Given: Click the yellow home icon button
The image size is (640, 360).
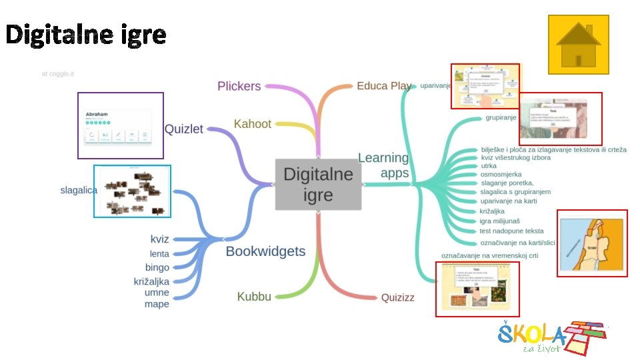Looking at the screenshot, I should [578, 45].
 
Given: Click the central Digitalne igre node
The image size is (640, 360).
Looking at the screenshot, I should [318, 184].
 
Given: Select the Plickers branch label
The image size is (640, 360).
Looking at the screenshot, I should [239, 86].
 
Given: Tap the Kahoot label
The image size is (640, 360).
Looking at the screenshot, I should [253, 124].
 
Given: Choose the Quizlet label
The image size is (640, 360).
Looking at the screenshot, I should [183, 129].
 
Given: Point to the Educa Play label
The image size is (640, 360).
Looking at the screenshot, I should [383, 86].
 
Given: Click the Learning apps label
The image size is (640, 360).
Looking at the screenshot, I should [384, 165].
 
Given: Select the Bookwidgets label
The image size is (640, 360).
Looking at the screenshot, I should [265, 251].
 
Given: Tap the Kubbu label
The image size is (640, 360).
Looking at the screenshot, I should [254, 297].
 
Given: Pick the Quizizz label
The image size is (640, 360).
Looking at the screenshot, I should [397, 297].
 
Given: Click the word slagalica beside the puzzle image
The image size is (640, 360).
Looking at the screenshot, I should [79, 191].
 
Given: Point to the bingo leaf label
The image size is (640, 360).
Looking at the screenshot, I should [157, 267].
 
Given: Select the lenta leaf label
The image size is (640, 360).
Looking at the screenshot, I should [159, 253].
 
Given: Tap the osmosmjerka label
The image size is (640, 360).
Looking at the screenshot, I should [501, 175].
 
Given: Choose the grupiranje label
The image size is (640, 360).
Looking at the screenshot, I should [501, 118].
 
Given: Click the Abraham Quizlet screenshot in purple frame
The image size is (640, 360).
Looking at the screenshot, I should [120, 125].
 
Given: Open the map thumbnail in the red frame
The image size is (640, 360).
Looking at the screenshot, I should [592, 243].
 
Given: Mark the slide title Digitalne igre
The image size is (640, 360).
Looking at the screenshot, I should [86, 35].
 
